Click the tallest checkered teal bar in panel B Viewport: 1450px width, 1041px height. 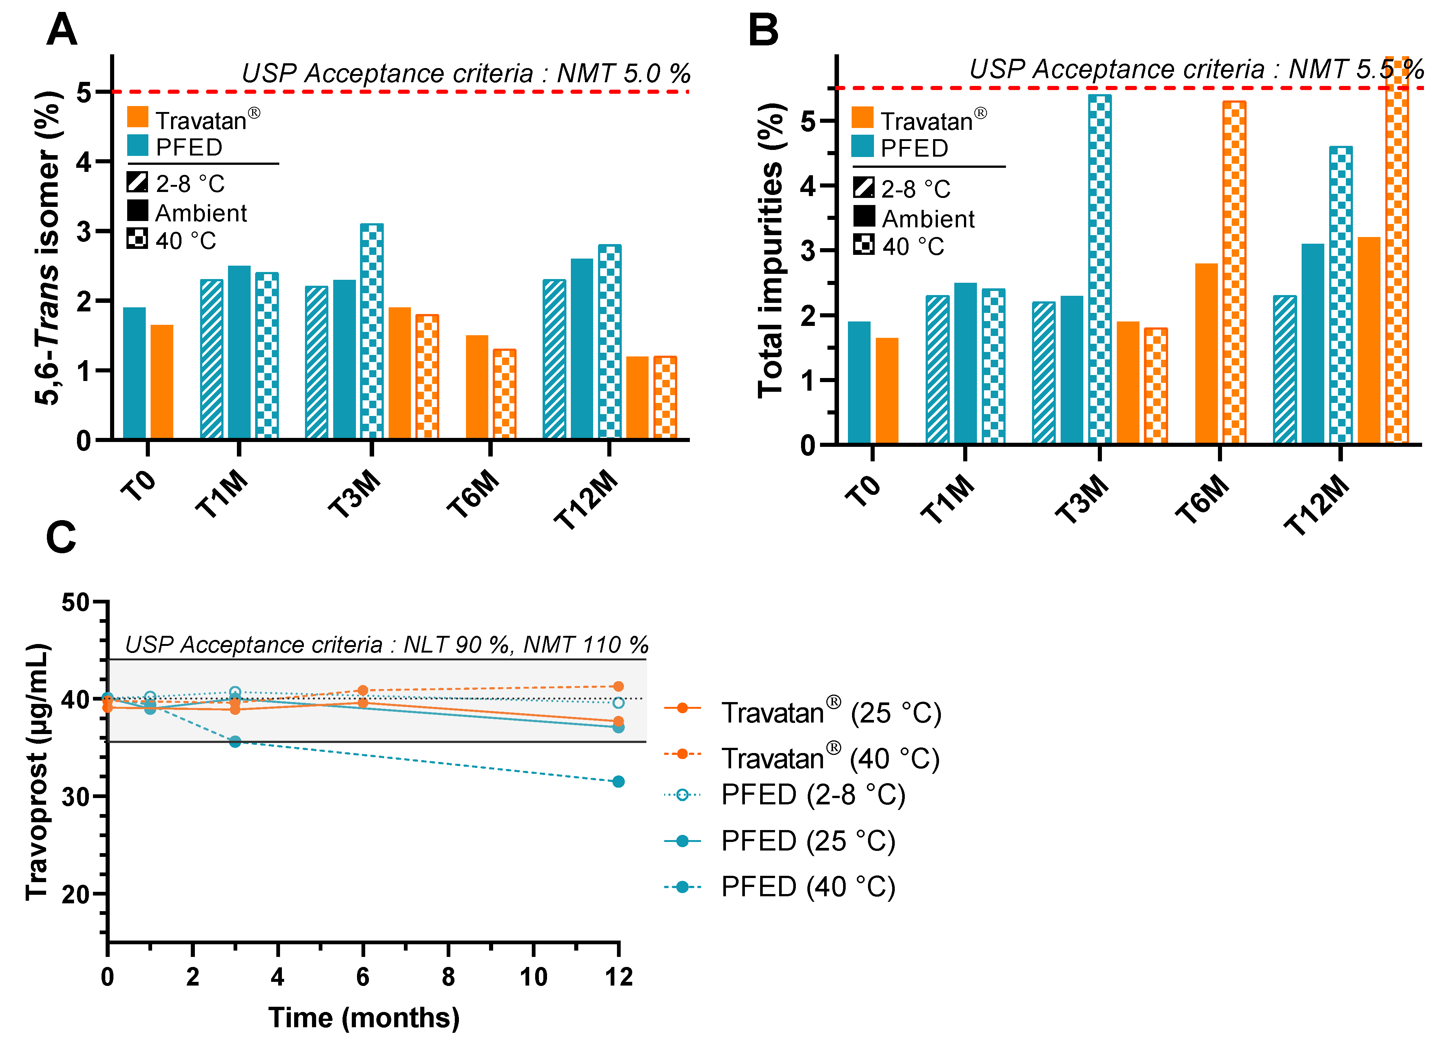(x=1100, y=269)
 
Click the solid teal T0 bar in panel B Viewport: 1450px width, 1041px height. (x=859, y=382)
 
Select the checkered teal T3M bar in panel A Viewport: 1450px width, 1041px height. (x=372, y=331)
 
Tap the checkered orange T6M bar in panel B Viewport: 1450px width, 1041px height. (x=1234, y=272)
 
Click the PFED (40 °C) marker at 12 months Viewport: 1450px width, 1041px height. (x=618, y=781)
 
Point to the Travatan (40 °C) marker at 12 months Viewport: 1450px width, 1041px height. (x=618, y=686)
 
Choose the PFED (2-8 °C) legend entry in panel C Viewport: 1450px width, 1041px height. (x=812, y=795)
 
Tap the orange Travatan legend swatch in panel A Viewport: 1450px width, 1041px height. (x=138, y=118)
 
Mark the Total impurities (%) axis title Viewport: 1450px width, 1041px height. (x=771, y=251)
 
